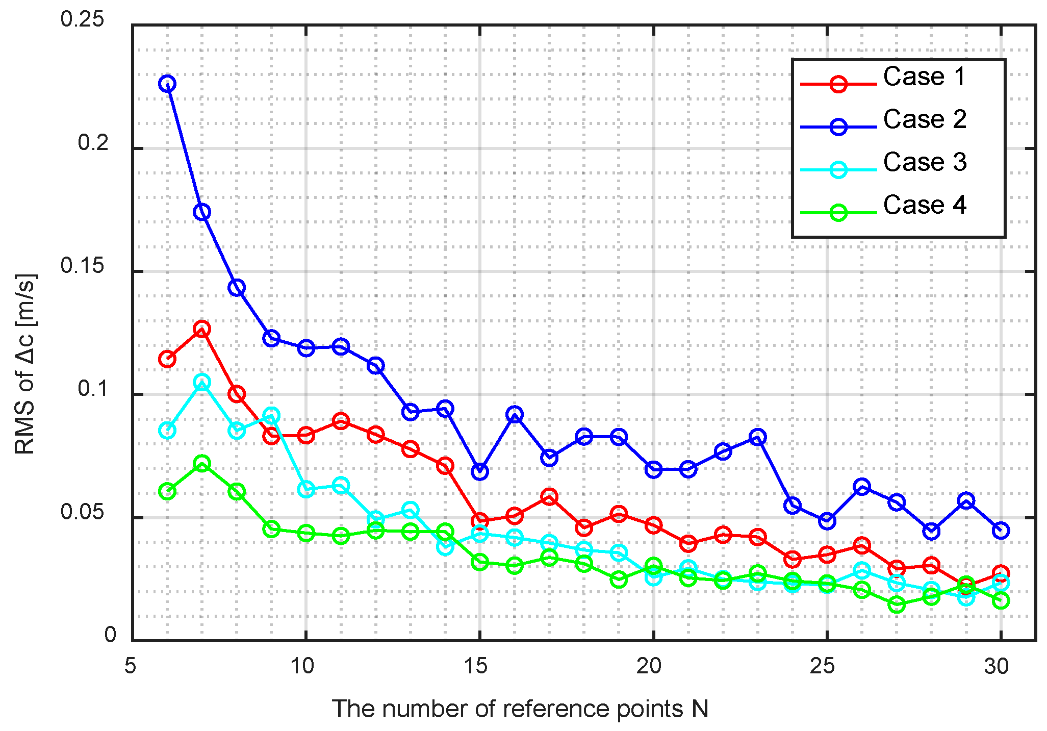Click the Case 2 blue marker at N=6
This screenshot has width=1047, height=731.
[167, 84]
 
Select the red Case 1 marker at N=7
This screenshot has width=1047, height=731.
[202, 329]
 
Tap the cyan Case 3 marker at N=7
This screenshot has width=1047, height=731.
[202, 382]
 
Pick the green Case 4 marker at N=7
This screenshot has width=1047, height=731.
[202, 464]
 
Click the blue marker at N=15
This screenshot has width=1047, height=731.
[480, 471]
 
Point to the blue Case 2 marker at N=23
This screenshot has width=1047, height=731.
[758, 437]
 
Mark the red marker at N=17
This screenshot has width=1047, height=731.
[549, 496]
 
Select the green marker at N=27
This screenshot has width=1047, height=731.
[897, 604]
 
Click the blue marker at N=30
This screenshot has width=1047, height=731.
[1001, 531]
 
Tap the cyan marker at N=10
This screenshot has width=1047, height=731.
[306, 489]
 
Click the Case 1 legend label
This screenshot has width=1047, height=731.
[924, 77]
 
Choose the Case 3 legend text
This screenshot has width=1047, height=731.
[924, 162]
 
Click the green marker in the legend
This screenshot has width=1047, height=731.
[838, 212]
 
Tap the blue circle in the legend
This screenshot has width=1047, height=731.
[838, 127]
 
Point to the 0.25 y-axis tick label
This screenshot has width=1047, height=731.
[82, 19]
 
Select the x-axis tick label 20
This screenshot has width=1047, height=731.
[649, 666]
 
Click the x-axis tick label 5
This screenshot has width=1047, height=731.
[131, 666]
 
